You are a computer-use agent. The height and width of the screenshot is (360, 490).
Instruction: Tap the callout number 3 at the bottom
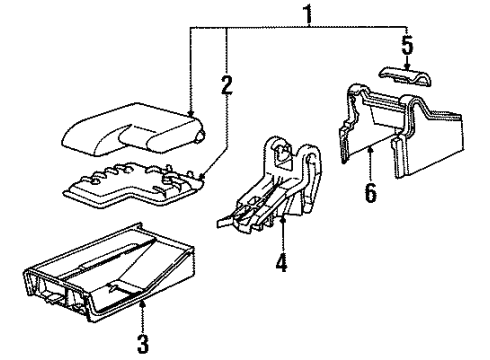tap(143, 343)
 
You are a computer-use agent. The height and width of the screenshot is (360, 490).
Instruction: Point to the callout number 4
tap(282, 262)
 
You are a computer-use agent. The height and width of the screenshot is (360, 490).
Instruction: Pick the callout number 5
tap(407, 45)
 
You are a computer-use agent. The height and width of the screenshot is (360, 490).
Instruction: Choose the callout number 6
tap(371, 192)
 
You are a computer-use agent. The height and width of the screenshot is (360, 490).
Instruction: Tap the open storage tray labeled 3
tap(108, 273)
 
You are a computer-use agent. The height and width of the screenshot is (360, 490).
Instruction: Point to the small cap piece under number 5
tap(406, 76)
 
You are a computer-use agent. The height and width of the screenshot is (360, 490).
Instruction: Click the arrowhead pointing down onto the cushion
tap(191, 113)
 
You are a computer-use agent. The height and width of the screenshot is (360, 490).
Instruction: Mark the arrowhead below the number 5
tap(407, 67)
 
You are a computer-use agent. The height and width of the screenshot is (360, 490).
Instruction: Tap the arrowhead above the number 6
tap(370, 152)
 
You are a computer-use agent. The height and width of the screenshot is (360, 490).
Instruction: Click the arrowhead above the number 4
tap(283, 219)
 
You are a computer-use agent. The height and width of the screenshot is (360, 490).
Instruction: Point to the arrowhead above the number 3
tap(143, 303)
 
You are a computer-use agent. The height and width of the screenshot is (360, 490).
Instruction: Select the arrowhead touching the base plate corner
tap(201, 176)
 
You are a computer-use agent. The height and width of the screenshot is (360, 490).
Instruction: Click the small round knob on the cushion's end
tap(201, 136)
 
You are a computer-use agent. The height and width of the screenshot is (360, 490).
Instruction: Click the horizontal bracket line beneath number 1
tap(299, 26)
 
